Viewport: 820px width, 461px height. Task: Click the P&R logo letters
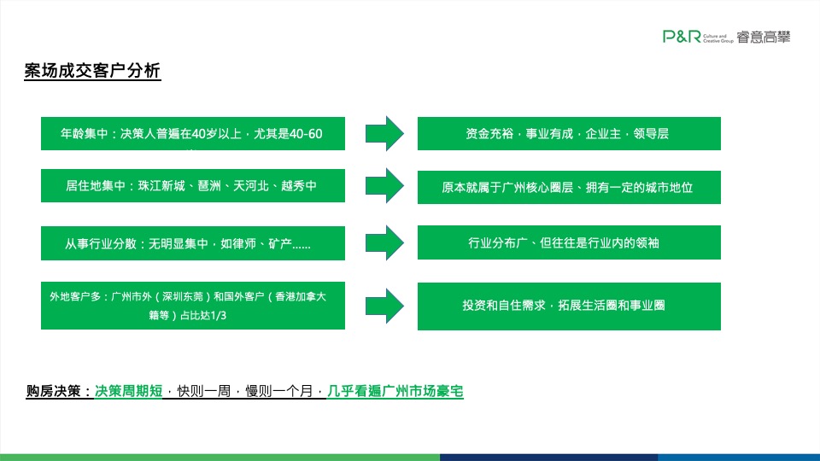[x=682, y=36]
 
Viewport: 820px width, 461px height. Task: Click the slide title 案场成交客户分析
[x=92, y=72]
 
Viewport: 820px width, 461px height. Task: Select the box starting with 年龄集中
[x=192, y=134]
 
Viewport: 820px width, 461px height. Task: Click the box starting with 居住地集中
[x=192, y=186]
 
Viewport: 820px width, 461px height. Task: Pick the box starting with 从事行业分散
[x=192, y=243]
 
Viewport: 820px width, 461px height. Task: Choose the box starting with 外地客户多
[x=192, y=306]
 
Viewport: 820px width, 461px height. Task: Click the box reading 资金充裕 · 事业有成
[x=568, y=134]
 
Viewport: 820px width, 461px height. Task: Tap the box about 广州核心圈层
[x=568, y=187]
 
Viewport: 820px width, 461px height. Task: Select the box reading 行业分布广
[x=568, y=243]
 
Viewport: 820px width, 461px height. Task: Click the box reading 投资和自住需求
[x=568, y=306]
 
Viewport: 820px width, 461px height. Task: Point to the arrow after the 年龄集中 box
[x=384, y=134]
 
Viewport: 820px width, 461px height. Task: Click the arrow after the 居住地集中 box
[x=384, y=186]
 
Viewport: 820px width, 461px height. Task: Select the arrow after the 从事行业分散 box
[x=384, y=243]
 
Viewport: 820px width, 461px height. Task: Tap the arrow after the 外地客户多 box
[x=384, y=306]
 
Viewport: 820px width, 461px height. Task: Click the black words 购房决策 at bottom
[x=56, y=392]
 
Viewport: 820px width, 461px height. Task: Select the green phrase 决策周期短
[x=128, y=392]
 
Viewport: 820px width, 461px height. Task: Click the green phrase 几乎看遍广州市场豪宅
[x=395, y=392]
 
